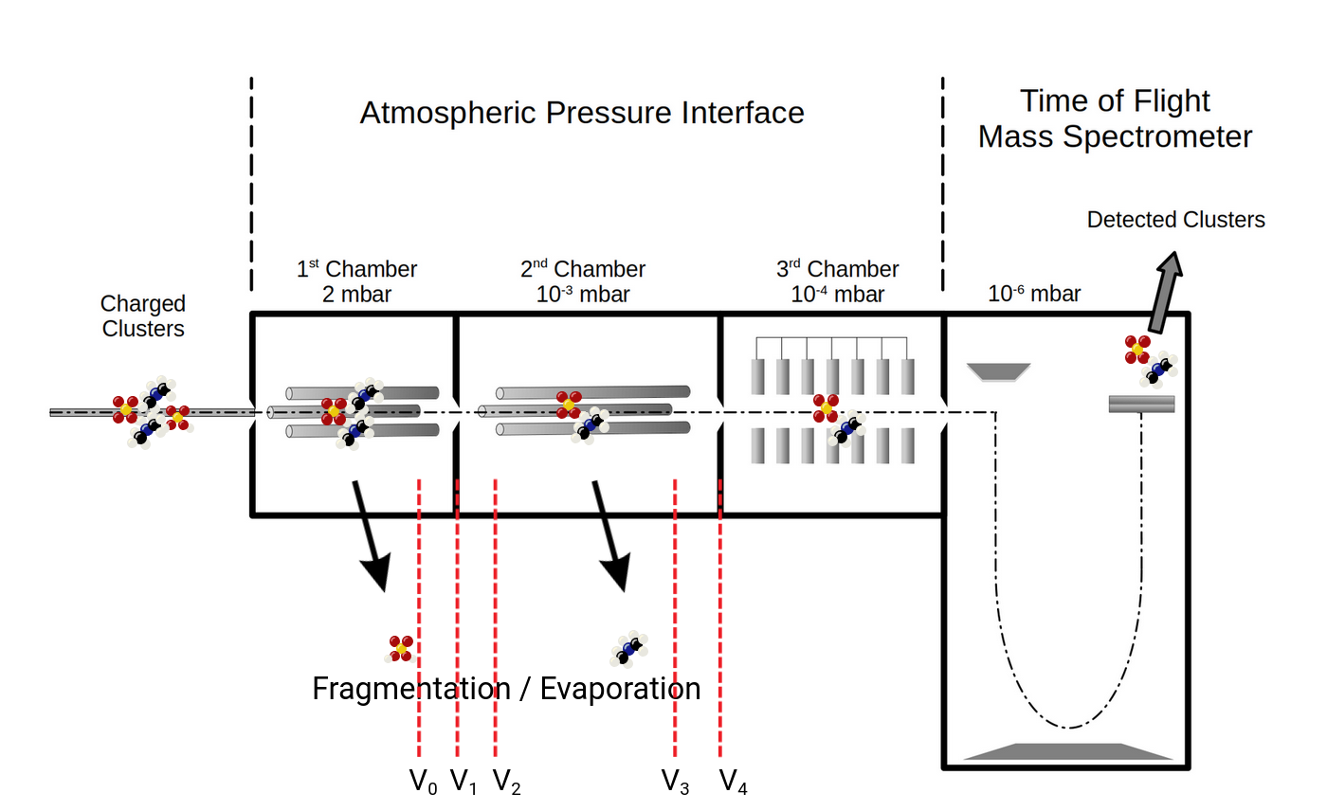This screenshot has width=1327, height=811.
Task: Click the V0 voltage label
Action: [423, 782]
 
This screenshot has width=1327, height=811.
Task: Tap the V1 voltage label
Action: [464, 782]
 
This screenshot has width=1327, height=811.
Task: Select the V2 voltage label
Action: [507, 782]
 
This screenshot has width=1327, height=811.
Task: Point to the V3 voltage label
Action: [675, 782]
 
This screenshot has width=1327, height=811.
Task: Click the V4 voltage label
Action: [733, 782]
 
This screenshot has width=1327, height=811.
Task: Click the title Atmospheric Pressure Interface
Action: [581, 113]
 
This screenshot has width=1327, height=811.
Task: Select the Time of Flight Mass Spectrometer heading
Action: [1115, 119]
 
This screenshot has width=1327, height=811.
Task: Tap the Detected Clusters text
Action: [1175, 220]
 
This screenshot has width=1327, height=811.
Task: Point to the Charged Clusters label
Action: [143, 316]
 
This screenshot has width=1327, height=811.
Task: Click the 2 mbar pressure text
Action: [356, 294]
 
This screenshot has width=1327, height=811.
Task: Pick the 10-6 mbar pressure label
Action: [1034, 294]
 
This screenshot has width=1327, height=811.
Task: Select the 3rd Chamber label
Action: [838, 270]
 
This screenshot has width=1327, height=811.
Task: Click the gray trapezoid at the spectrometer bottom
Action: [1068, 751]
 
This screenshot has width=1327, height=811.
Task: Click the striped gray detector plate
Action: [1141, 404]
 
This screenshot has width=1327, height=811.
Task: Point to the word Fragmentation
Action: [409, 689]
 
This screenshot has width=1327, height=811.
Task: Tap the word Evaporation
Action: [620, 689]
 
